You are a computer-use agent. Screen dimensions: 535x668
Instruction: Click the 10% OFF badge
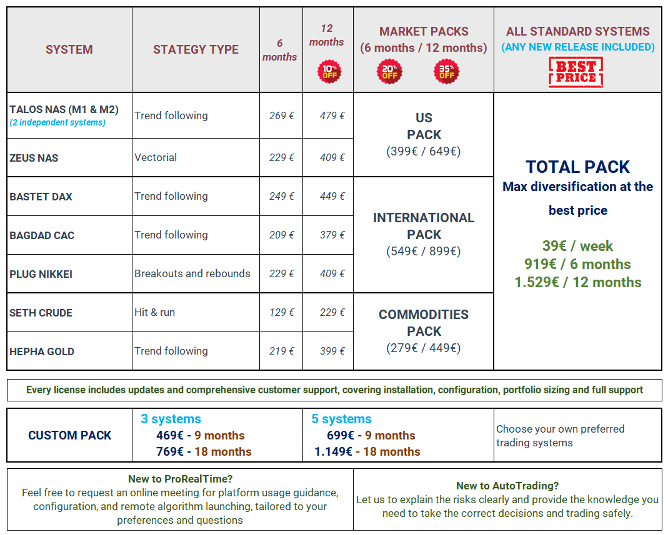pyautogui.click(x=329, y=71)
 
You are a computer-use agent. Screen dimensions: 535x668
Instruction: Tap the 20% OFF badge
pyautogui.click(x=389, y=71)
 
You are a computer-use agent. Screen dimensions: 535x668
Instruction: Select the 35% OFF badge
pyautogui.click(x=446, y=71)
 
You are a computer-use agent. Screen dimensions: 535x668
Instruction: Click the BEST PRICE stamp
pyautogui.click(x=576, y=71)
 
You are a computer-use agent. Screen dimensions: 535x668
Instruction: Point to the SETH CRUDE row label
pyautogui.click(x=41, y=313)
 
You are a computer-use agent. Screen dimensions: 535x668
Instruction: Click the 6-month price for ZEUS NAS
pyautogui.click(x=281, y=158)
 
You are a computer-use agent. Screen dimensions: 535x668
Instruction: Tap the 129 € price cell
pyautogui.click(x=281, y=313)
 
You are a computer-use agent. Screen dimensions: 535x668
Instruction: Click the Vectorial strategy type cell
pyautogui.click(x=156, y=158)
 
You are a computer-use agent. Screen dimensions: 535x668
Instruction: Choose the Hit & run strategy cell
pyautogui.click(x=154, y=313)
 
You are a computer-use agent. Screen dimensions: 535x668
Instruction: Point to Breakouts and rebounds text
pyautogui.click(x=192, y=274)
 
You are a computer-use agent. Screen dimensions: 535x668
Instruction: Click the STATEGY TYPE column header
pyautogui.click(x=196, y=50)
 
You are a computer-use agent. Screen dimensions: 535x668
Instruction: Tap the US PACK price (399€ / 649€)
pyautogui.click(x=424, y=152)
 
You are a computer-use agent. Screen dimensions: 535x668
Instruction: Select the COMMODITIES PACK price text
pyautogui.click(x=424, y=348)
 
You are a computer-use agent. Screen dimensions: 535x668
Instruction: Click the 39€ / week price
pyautogui.click(x=577, y=246)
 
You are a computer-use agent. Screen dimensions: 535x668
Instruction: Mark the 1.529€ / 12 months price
pyautogui.click(x=577, y=282)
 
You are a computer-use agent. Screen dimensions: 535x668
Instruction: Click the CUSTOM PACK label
pyautogui.click(x=69, y=436)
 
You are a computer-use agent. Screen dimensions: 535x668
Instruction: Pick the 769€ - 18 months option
pyautogui.click(x=204, y=452)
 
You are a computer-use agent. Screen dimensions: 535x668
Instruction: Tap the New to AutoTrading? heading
pyautogui.click(x=507, y=486)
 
